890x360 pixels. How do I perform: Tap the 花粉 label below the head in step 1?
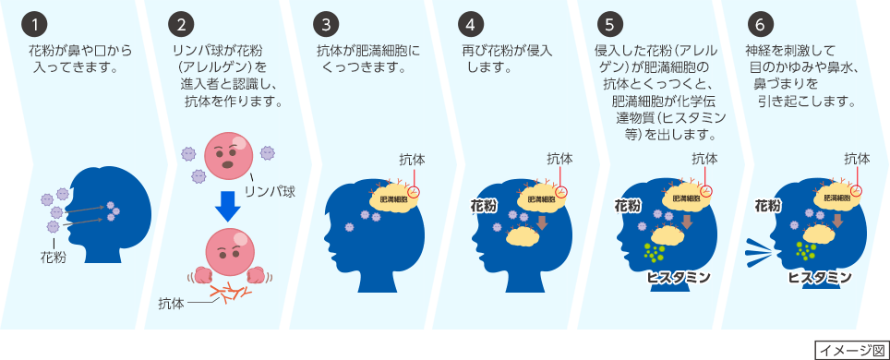click(53, 258)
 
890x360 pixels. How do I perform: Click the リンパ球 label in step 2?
click(269, 191)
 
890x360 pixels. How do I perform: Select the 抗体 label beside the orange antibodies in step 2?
click(171, 302)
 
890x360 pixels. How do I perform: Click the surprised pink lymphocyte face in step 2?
click(227, 150)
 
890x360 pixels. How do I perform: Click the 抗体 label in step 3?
click(413, 159)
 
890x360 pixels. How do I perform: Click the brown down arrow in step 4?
click(542, 222)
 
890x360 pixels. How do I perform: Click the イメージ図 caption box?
click(850, 349)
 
